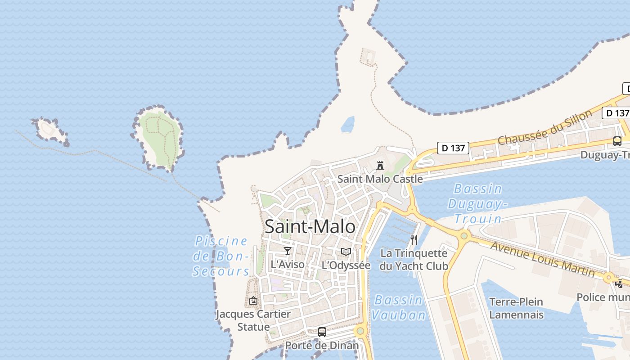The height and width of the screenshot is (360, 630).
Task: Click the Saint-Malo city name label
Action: pyautogui.click(x=310, y=226)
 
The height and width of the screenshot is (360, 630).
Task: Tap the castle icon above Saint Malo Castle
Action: pyautogui.click(x=380, y=165)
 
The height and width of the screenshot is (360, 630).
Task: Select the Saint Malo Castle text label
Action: pyautogui.click(x=380, y=179)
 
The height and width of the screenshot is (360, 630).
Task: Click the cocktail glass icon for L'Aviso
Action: pyautogui.click(x=288, y=251)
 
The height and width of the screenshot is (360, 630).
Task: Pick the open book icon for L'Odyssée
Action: pyautogui.click(x=346, y=252)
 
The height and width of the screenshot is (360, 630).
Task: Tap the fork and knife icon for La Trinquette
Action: pyautogui.click(x=414, y=239)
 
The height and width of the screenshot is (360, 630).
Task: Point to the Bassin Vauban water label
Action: pyautogui.click(x=399, y=307)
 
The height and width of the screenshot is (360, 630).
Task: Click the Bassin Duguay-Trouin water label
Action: pyautogui.click(x=478, y=203)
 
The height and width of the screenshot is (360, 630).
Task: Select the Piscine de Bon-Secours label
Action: pyautogui.click(x=221, y=256)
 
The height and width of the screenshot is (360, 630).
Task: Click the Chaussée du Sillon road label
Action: pyautogui.click(x=545, y=127)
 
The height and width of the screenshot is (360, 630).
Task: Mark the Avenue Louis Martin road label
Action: pyautogui.click(x=542, y=259)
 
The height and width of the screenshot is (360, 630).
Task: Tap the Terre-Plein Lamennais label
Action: pyautogui.click(x=516, y=308)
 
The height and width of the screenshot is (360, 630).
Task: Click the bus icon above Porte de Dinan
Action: pyautogui.click(x=322, y=332)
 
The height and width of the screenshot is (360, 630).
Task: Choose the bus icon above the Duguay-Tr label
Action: pyautogui.click(x=617, y=141)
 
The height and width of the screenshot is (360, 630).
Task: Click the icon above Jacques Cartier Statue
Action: pyautogui.click(x=253, y=301)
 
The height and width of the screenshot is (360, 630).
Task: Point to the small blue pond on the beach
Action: pyautogui.click(x=347, y=125)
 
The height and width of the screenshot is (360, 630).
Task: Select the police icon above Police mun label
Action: pyautogui.click(x=619, y=283)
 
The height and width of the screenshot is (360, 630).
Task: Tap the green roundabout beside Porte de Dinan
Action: pyautogui.click(x=360, y=332)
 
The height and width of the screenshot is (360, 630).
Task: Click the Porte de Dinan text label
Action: pyautogui.click(x=322, y=346)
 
